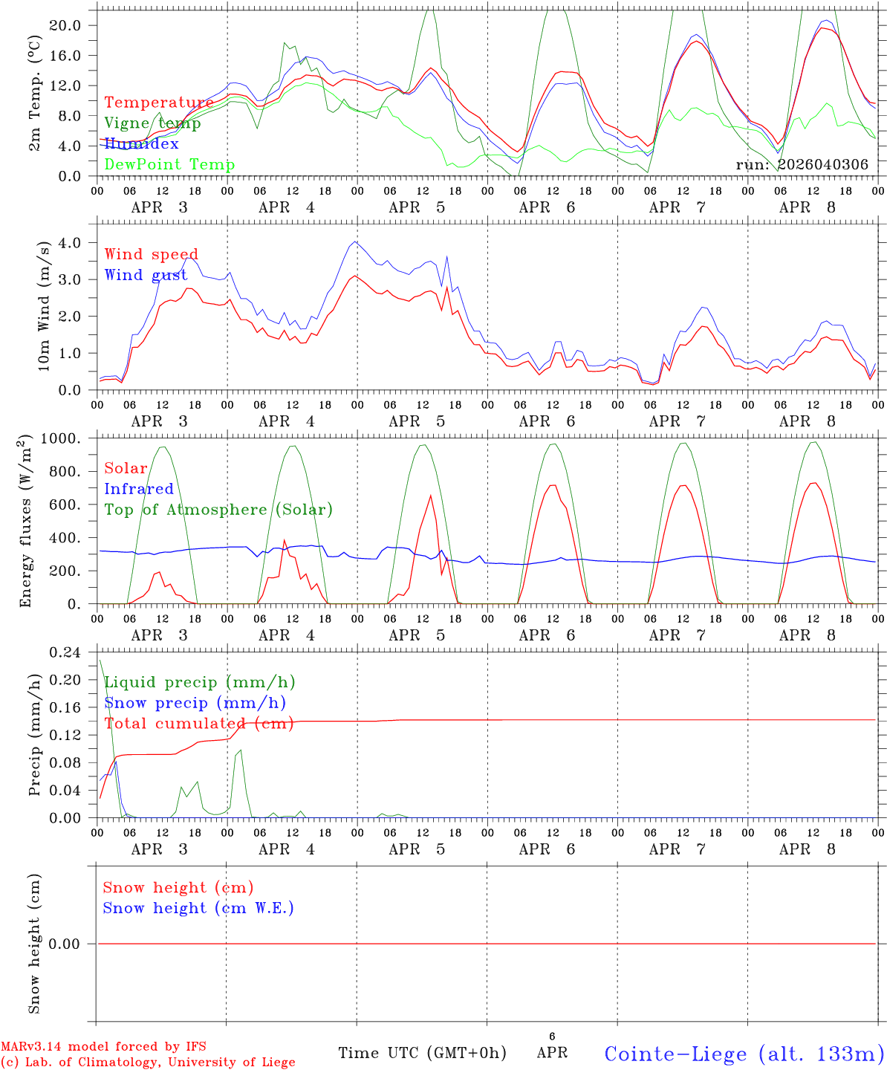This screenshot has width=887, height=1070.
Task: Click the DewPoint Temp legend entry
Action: (169, 164)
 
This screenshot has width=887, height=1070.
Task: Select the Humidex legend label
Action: (141, 143)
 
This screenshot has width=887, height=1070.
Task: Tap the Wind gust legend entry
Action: (146, 275)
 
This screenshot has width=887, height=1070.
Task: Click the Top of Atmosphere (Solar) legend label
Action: (218, 509)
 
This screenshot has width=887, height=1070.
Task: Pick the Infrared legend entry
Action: (138, 489)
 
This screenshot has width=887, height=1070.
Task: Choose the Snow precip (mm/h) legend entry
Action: (195, 703)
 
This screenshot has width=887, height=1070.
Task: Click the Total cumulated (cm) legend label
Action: (198, 723)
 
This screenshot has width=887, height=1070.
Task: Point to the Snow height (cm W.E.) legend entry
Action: (198, 908)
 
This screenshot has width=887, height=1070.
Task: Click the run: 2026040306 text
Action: (802, 164)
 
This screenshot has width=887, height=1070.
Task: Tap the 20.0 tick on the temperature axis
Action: (65, 25)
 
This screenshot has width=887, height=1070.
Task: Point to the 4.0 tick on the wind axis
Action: (70, 242)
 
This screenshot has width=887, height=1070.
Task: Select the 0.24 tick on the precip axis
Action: (65, 652)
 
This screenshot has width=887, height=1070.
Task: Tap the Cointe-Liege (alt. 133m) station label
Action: (744, 1054)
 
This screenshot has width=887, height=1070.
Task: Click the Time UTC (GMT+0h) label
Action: (422, 1053)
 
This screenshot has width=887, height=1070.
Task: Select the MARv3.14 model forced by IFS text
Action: (103, 1046)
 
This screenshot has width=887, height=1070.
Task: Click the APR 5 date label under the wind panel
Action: (417, 421)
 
